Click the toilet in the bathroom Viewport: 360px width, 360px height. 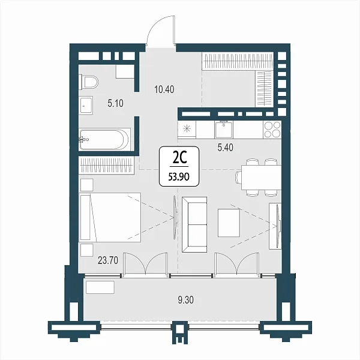[88, 82]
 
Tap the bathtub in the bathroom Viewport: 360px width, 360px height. [104, 140]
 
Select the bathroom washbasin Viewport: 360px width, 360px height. [86, 105]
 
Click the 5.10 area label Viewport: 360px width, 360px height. [115, 103]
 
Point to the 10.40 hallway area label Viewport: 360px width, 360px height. [164, 89]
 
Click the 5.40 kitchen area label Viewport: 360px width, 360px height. [226, 148]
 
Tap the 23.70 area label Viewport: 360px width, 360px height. [108, 260]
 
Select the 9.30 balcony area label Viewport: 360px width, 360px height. [186, 300]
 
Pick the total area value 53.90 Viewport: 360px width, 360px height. [179, 177]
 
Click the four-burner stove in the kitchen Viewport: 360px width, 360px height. [272, 130]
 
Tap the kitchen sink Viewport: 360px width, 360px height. [223, 130]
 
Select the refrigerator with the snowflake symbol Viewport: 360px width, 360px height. [187, 130]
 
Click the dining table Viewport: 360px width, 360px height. [261, 177]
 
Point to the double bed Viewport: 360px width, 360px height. [110, 217]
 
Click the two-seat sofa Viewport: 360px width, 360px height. [194, 225]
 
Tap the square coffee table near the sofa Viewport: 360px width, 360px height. [229, 223]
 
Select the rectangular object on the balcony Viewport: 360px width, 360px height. [100, 287]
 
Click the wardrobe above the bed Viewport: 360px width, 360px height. [106, 165]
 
